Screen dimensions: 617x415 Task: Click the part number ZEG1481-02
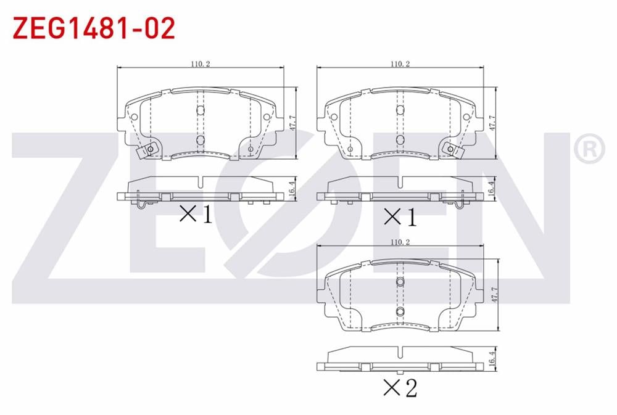pos(94,28)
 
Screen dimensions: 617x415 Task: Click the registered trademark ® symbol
pos(589,149)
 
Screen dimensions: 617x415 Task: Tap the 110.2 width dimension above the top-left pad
pos(201,64)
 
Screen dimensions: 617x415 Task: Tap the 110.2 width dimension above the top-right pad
pos(400,64)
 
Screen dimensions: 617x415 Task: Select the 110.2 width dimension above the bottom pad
pos(400,242)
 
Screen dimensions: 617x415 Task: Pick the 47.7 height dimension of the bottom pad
pos(495,294)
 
